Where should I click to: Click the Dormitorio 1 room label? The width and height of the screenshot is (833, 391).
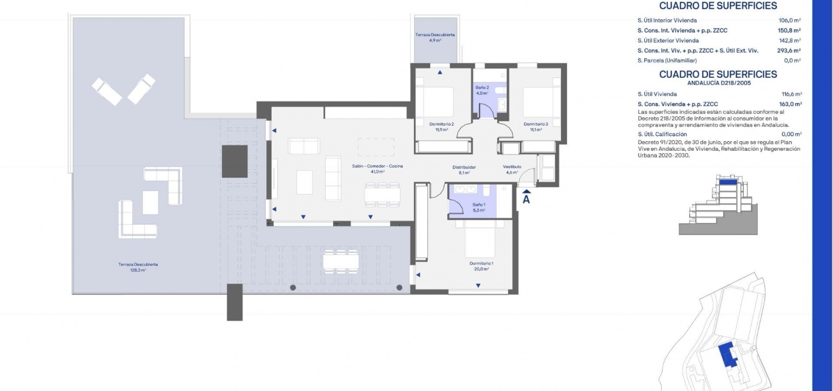pyautogui.click(x=481, y=263)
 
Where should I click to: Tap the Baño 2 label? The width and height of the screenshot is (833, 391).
pyautogui.click(x=482, y=87)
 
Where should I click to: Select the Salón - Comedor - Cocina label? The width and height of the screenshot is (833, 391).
pyautogui.click(x=377, y=166)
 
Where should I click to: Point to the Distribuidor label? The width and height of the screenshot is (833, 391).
pyautogui.click(x=464, y=167)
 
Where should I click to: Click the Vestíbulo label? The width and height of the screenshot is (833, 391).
pyautogui.click(x=512, y=167)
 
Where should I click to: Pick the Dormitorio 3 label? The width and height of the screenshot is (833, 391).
pyautogui.click(x=536, y=124)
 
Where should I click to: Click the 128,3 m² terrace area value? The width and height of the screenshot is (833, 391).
pyautogui.click(x=138, y=270)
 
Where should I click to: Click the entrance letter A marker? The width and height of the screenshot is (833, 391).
pyautogui.click(x=526, y=200)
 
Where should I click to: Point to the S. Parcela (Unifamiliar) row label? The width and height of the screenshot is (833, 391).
pyautogui.click(x=667, y=60)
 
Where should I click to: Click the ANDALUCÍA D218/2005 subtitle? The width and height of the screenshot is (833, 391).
pyautogui.click(x=719, y=83)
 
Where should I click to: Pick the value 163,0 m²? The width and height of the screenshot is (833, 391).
pyautogui.click(x=791, y=104)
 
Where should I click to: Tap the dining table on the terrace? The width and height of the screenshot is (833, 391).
pyautogui.click(x=341, y=261)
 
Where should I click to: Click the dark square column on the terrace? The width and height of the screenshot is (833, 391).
pyautogui.click(x=234, y=161)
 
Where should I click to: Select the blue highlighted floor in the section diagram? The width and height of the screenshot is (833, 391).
pyautogui.click(x=728, y=182)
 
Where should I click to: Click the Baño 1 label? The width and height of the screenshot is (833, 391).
pyautogui.click(x=479, y=205)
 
